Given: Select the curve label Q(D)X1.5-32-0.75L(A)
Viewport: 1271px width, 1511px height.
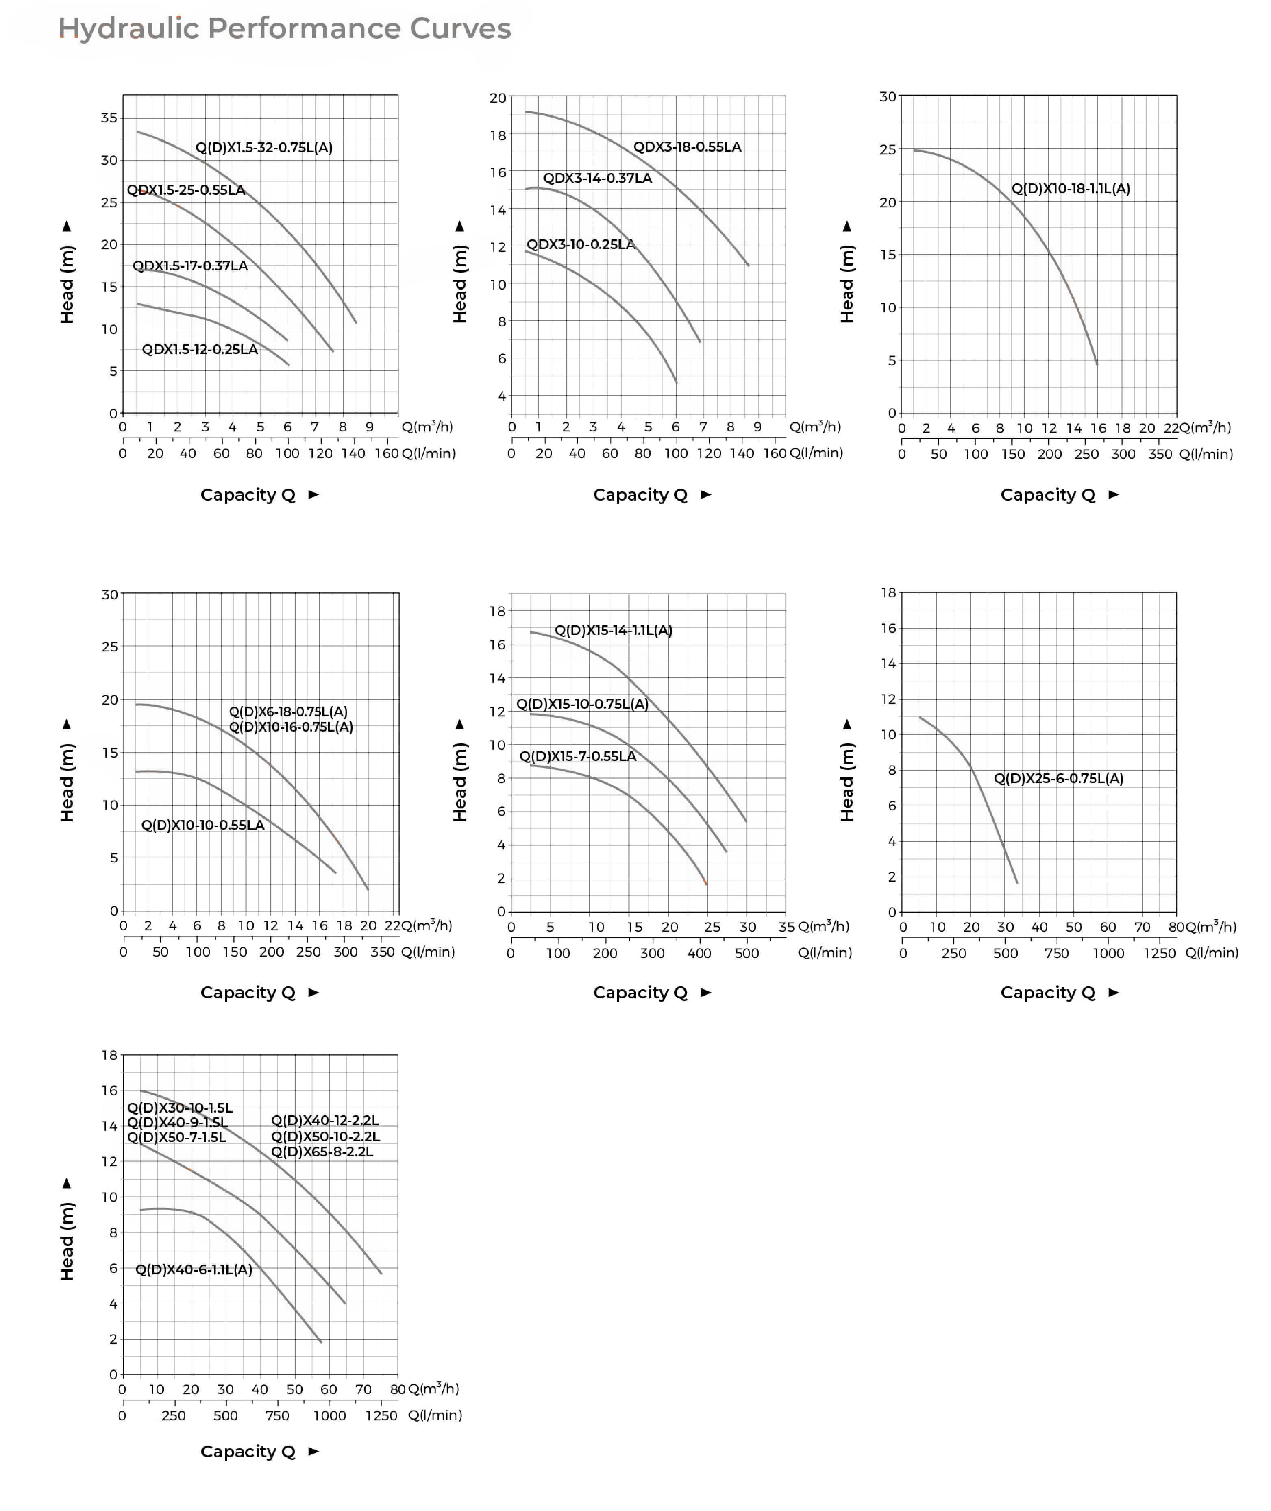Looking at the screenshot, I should click(x=264, y=148).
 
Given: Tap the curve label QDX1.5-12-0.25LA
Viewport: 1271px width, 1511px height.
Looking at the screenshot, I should click(x=200, y=349).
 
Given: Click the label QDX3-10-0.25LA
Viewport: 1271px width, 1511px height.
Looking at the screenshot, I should click(x=580, y=244).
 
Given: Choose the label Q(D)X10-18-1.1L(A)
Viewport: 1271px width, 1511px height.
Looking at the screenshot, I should click(x=1070, y=189).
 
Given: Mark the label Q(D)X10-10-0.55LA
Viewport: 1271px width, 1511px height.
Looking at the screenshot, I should click(x=202, y=825).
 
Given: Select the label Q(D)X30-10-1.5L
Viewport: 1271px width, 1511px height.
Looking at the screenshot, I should click(x=179, y=1108).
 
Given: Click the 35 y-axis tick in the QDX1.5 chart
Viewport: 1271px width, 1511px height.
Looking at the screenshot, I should click(x=109, y=118).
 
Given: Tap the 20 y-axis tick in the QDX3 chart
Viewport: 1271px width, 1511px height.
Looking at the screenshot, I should click(x=498, y=98).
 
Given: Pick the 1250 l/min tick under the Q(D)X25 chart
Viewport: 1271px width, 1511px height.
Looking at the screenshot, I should click(x=1159, y=953).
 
